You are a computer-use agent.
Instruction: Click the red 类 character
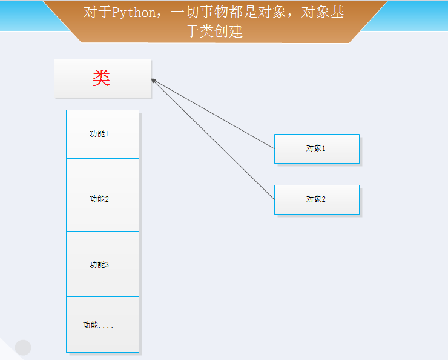pos(102,78)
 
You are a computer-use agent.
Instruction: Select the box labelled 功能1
pos(102,134)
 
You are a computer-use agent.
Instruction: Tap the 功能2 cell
pos(102,195)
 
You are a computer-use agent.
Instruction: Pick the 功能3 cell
pos(102,264)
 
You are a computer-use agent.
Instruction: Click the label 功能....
pos(98,325)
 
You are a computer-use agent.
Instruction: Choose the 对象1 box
pos(317,148)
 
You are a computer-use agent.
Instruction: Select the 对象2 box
pos(317,199)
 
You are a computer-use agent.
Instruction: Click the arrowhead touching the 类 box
pos(154,81)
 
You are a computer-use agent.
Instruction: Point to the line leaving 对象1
pos(213,115)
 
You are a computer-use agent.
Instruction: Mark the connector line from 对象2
pos(213,140)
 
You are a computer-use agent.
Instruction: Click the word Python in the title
pos(133,13)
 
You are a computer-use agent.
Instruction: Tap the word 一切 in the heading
pos(185,12)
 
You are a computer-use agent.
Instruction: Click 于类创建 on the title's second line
pos(214,31)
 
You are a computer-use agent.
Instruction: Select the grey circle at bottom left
pos(23,348)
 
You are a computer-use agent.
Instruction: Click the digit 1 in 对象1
pos(323,148)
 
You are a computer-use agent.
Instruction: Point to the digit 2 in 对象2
pos(323,199)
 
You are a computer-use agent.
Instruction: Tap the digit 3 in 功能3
pos(107,264)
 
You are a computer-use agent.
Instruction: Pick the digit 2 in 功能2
pos(107,199)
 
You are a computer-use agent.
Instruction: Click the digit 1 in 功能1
pos(107,134)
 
